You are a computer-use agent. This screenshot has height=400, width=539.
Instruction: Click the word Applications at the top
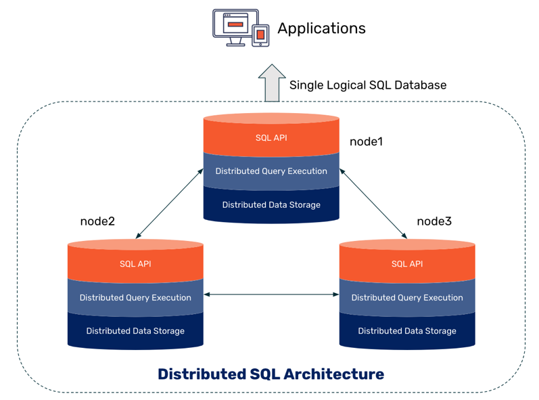[321, 28]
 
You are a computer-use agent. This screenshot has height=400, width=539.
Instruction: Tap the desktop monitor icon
[235, 28]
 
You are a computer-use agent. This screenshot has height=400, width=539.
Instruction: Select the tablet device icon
[260, 35]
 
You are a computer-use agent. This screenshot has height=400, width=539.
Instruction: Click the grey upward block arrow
[272, 83]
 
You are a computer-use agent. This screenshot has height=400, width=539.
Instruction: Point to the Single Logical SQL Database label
[368, 85]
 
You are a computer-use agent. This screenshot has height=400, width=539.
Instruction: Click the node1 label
[366, 141]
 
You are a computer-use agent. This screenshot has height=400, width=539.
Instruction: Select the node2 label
[97, 221]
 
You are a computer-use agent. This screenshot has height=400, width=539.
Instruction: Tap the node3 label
[434, 221]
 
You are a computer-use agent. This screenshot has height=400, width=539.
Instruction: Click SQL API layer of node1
[271, 137]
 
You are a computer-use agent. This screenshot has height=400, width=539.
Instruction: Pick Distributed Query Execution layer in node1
[271, 171]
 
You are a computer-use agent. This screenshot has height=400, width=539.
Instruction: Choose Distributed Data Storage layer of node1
[271, 205]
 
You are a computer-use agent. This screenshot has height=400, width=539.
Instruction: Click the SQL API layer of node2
[135, 264]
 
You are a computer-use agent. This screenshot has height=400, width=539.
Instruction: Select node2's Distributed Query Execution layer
[135, 298]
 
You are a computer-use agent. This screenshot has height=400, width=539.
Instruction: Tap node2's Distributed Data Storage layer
[135, 331]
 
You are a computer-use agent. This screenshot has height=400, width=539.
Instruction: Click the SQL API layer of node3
[407, 264]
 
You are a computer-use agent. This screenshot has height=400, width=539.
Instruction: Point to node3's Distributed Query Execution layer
[407, 298]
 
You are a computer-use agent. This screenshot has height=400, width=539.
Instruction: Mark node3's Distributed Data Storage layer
[407, 331]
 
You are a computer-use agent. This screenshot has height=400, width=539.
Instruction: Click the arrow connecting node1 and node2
[169, 204]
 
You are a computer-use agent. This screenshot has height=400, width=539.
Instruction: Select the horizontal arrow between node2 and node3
[272, 294]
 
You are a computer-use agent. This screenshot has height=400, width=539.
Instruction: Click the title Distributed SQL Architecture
[271, 374]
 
